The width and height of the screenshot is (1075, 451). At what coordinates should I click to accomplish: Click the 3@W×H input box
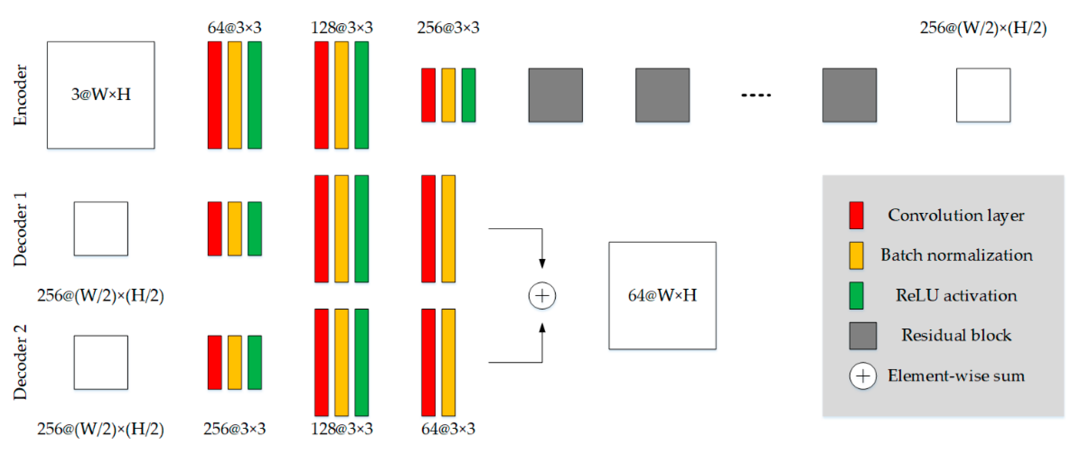click(100, 95)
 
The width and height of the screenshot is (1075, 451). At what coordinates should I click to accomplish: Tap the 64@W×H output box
click(662, 295)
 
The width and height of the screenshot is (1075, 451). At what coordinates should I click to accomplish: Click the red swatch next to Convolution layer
click(856, 216)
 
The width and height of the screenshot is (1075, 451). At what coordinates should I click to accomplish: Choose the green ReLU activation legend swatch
click(856, 295)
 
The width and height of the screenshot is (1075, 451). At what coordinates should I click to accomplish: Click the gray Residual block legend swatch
click(863, 335)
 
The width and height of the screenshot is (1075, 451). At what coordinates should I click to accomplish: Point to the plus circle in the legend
click(863, 376)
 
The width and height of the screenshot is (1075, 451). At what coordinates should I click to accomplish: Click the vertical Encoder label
click(20, 95)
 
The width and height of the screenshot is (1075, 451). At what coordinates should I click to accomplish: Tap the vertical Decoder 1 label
click(20, 229)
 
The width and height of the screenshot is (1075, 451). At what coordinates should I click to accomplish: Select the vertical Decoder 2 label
click(20, 362)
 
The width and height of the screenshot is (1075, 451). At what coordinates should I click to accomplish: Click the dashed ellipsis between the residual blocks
click(756, 95)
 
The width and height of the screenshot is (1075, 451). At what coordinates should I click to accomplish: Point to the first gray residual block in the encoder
click(555, 95)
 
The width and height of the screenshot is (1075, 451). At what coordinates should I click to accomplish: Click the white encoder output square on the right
click(983, 95)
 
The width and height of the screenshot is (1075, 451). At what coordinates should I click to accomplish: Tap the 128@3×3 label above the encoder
click(341, 28)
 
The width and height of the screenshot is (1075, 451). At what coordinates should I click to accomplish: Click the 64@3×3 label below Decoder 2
click(448, 429)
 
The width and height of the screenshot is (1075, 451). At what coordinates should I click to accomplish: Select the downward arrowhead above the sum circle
click(542, 263)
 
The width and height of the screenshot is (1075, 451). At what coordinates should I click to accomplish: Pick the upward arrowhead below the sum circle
click(542, 328)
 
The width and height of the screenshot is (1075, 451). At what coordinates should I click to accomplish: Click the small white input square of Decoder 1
click(100, 229)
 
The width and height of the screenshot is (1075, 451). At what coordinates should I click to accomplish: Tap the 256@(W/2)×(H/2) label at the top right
click(983, 28)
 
